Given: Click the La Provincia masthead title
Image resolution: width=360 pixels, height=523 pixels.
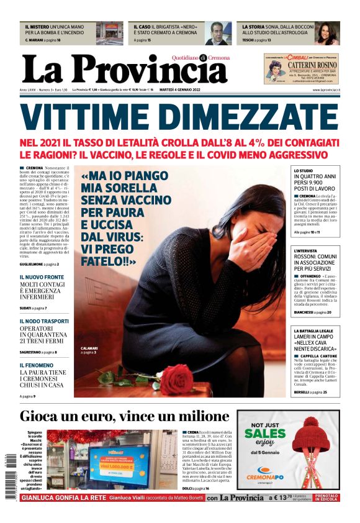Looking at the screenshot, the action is pos(124,68).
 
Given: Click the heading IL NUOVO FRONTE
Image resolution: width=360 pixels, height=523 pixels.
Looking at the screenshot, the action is pos(42,277).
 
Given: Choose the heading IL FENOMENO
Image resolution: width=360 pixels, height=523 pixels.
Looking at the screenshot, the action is pos(36,365).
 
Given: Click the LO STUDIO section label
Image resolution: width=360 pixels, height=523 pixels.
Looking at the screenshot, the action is pos(304,170).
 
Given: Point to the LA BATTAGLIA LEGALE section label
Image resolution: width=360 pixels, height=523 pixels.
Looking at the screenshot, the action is pos(317,331).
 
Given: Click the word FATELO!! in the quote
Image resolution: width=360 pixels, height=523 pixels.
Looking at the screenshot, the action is pos(109,263).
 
